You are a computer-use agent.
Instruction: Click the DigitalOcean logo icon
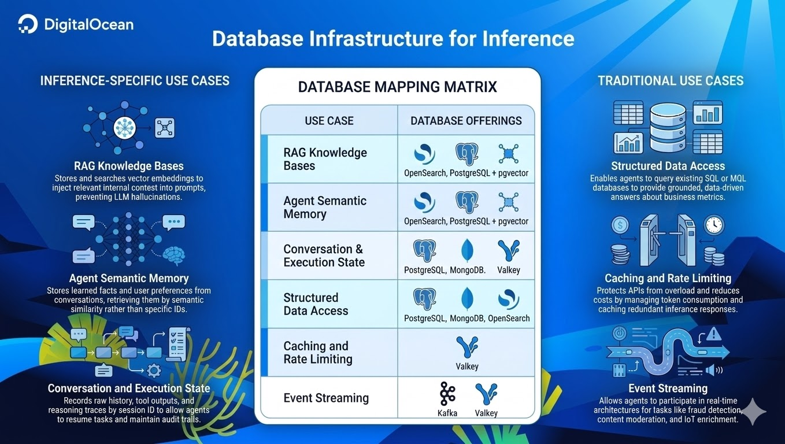(28, 25)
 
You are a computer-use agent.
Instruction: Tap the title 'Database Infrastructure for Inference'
(393, 38)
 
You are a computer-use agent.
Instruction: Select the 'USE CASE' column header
(329, 121)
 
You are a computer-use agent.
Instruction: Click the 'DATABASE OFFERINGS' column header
(466, 121)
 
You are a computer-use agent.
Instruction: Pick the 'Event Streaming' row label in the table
(326, 398)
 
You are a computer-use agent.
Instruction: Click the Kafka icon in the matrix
(447, 394)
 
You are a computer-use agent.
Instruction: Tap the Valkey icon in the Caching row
(467, 347)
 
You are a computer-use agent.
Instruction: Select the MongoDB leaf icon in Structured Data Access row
(467, 299)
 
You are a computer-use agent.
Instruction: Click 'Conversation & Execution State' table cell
(324, 256)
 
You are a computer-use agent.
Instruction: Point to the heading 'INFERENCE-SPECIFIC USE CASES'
(135, 81)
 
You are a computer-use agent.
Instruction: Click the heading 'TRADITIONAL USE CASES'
(671, 81)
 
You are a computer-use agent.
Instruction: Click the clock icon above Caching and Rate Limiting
(714, 225)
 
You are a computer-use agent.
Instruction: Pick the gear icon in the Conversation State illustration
(154, 370)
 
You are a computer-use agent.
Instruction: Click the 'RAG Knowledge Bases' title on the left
(128, 166)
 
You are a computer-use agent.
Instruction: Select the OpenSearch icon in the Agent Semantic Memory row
(424, 202)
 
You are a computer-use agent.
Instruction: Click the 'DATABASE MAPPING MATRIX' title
(397, 87)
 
